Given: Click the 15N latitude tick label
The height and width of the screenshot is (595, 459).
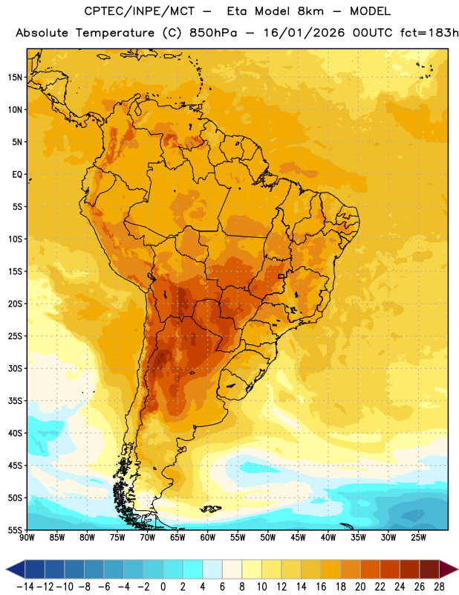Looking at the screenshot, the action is [x=15, y=77].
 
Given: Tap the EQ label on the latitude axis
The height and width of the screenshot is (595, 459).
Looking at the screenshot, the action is [x=17, y=175].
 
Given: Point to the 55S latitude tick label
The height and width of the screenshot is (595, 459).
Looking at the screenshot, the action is [x=15, y=530].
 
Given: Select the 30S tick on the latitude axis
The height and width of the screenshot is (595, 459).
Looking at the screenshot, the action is [x=15, y=368].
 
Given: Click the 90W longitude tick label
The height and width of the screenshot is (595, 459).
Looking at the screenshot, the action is [x=27, y=538].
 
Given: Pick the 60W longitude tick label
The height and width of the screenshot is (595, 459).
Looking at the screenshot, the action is [x=208, y=538].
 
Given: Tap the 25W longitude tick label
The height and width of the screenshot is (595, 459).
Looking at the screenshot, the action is [x=418, y=538].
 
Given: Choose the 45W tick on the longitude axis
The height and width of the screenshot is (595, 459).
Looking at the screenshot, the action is [x=298, y=538].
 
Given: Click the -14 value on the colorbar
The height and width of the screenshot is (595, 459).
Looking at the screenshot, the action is [x=25, y=587].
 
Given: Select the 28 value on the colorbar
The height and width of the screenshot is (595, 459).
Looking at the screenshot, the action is [x=439, y=587].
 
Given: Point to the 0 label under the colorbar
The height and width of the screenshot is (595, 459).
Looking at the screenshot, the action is [x=163, y=587].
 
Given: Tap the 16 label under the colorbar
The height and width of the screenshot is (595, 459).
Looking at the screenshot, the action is [x=321, y=587].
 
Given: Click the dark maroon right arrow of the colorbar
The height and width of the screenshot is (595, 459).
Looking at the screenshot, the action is [x=449, y=569].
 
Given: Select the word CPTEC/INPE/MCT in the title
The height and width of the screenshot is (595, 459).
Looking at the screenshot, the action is [x=139, y=11].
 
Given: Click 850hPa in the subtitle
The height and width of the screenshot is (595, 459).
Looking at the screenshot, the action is [x=213, y=33].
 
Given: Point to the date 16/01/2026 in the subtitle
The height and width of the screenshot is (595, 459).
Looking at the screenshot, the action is [x=304, y=33].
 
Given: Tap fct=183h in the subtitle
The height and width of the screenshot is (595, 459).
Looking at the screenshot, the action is [x=429, y=33].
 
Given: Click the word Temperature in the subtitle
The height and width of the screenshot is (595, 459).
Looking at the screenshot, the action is [x=115, y=33].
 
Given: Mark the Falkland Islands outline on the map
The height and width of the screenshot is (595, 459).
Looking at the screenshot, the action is [x=210, y=509].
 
